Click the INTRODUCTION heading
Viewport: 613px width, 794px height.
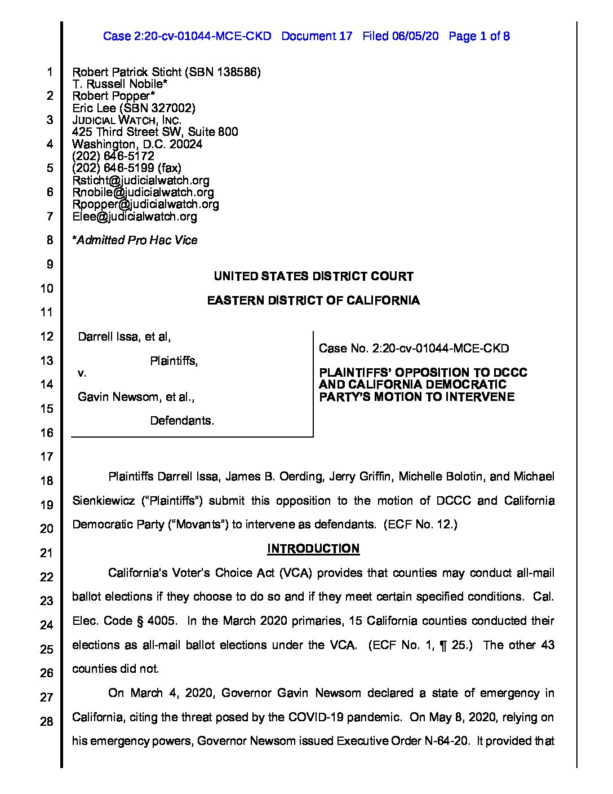(x=313, y=549)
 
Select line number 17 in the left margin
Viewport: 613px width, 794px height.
(x=46, y=457)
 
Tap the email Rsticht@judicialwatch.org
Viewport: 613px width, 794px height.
(x=141, y=180)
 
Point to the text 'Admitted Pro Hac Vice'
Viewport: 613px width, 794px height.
(x=137, y=240)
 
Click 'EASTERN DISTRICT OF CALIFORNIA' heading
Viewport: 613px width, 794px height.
(x=313, y=301)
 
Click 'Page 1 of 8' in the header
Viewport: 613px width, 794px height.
(x=479, y=37)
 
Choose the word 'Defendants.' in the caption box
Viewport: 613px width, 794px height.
(x=182, y=421)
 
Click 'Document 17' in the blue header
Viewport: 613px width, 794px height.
(x=317, y=37)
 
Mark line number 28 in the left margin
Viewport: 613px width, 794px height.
(x=46, y=721)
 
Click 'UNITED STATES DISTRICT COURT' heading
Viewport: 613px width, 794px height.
(x=313, y=276)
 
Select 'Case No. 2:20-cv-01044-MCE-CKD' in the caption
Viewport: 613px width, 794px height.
(x=414, y=349)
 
